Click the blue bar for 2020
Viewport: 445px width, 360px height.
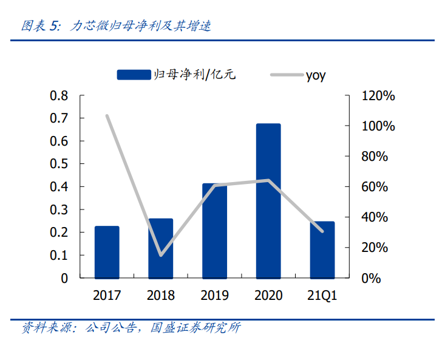(x=268, y=200)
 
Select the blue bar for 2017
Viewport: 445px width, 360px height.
(x=107, y=252)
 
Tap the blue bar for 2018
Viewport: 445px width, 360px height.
(x=161, y=248)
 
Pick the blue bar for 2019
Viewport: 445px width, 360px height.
(x=214, y=231)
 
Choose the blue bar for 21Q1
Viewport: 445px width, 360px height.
(x=322, y=250)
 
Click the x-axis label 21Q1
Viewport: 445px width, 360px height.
(x=322, y=296)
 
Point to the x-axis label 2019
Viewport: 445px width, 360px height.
(x=214, y=296)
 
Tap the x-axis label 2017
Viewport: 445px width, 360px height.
(x=107, y=296)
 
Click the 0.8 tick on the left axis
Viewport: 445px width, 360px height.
(x=59, y=96)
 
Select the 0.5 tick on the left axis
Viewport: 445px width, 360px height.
(x=59, y=165)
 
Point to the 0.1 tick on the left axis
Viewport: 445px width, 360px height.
(x=59, y=256)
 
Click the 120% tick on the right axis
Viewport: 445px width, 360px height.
(x=378, y=96)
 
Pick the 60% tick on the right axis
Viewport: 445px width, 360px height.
(x=375, y=187)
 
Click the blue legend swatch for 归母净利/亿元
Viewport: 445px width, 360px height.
(x=134, y=75)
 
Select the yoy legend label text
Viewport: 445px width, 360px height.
(x=316, y=75)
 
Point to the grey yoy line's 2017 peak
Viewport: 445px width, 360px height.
(x=107, y=115)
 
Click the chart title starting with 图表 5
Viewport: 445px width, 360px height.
(x=116, y=26)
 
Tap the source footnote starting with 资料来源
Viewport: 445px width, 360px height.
(x=131, y=328)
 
